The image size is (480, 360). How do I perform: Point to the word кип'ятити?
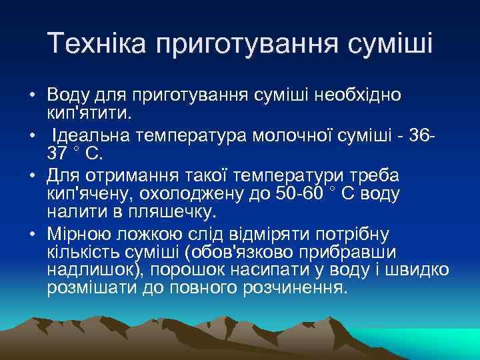pyautogui.click(x=89, y=111)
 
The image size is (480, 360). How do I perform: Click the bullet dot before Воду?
pyautogui.click(x=32, y=95)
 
